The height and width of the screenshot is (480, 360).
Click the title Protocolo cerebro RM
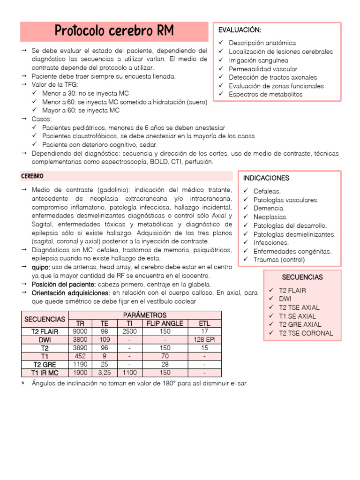click(114, 31)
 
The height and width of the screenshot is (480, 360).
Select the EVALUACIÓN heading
click(240, 30)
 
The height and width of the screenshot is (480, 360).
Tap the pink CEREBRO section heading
click(32, 176)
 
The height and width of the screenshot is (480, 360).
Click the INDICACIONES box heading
click(266, 178)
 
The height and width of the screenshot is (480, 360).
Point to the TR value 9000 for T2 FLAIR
click(81, 331)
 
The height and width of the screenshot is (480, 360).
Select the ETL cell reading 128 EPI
click(204, 340)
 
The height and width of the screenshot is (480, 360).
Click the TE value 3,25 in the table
click(105, 373)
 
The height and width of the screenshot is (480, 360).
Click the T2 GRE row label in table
click(45, 365)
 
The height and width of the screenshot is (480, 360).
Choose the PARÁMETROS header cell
click(144, 315)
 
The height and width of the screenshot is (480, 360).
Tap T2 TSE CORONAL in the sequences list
click(306, 333)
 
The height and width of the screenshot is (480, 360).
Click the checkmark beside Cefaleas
click(246, 191)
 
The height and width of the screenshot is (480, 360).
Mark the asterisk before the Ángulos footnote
click(23, 383)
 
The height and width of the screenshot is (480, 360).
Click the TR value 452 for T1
click(81, 356)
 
